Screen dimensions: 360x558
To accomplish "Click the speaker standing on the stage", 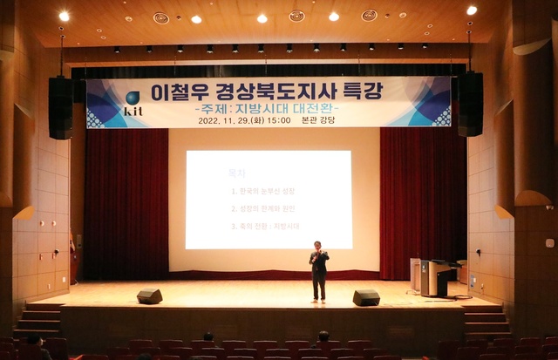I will point(319,271).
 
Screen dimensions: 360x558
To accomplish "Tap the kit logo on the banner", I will point(133,104).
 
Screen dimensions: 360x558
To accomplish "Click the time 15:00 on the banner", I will point(279,122).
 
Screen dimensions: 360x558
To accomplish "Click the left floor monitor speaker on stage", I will point(149,296).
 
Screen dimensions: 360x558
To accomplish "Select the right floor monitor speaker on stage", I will point(366,297).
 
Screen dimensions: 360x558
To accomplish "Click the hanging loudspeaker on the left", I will point(61,107).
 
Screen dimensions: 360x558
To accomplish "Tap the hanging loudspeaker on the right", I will point(470,104).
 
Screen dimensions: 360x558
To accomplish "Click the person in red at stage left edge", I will point(72,256).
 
